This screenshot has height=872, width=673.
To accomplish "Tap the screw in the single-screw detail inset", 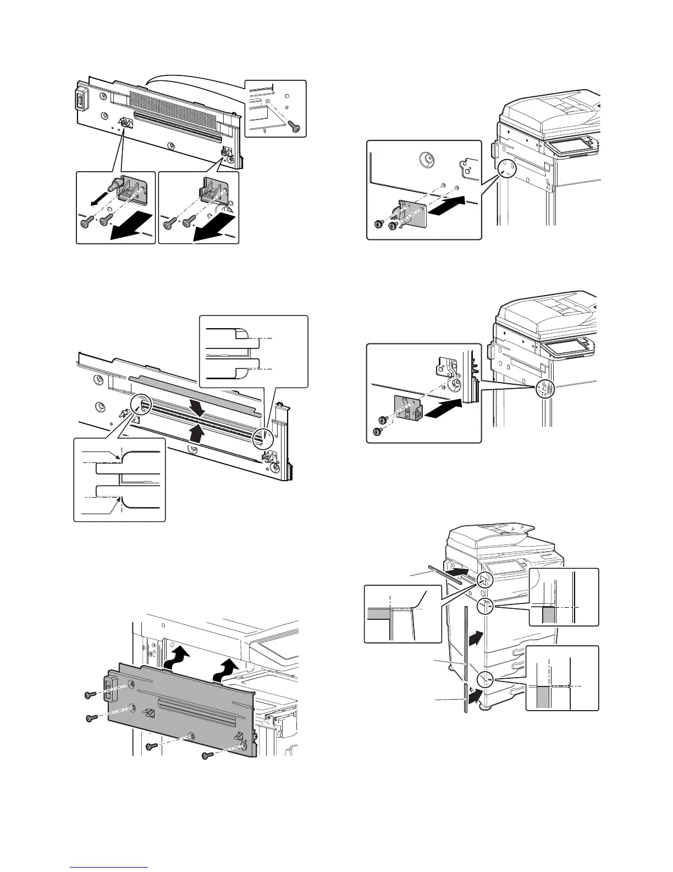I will pyautogui.click(x=295, y=127).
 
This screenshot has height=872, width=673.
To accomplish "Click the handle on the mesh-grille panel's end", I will pyautogui.click(x=80, y=101).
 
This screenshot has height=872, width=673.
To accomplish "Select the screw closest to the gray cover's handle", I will pyautogui.click(x=90, y=695).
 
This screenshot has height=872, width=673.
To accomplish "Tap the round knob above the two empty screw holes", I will pyautogui.click(x=424, y=160).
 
